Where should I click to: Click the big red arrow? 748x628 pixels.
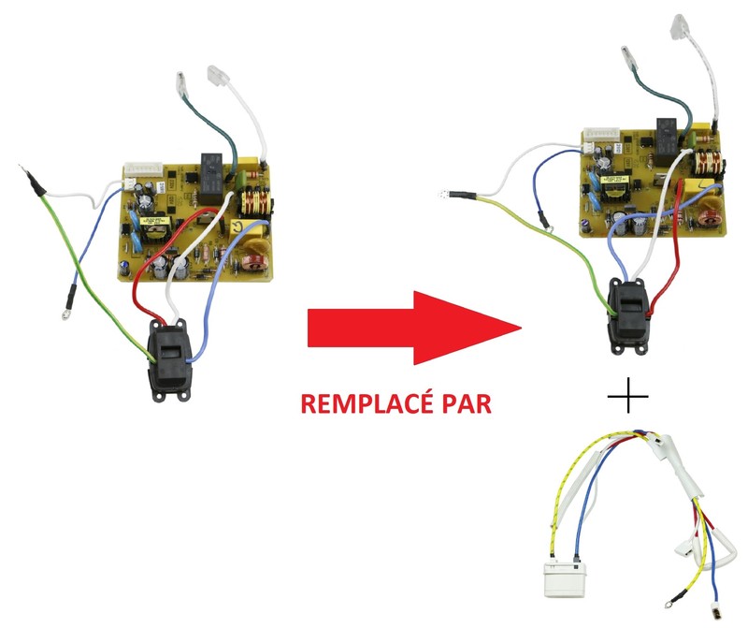point(414,329)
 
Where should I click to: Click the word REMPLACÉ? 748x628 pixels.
point(367,404)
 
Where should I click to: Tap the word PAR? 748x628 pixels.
point(467,404)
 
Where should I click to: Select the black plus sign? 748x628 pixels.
point(627,396)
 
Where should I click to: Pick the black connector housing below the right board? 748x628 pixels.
point(629,317)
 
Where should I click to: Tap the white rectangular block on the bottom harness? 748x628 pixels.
point(564,579)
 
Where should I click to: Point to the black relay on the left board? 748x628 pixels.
point(212,179)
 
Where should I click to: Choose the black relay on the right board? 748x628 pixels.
point(668,141)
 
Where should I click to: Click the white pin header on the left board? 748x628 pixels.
point(143,169)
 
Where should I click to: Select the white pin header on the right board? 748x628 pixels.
point(599,134)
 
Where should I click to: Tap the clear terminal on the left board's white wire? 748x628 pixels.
point(218,76)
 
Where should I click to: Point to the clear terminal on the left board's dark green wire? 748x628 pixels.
point(182,83)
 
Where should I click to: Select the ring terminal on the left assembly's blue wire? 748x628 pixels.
point(65,314)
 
